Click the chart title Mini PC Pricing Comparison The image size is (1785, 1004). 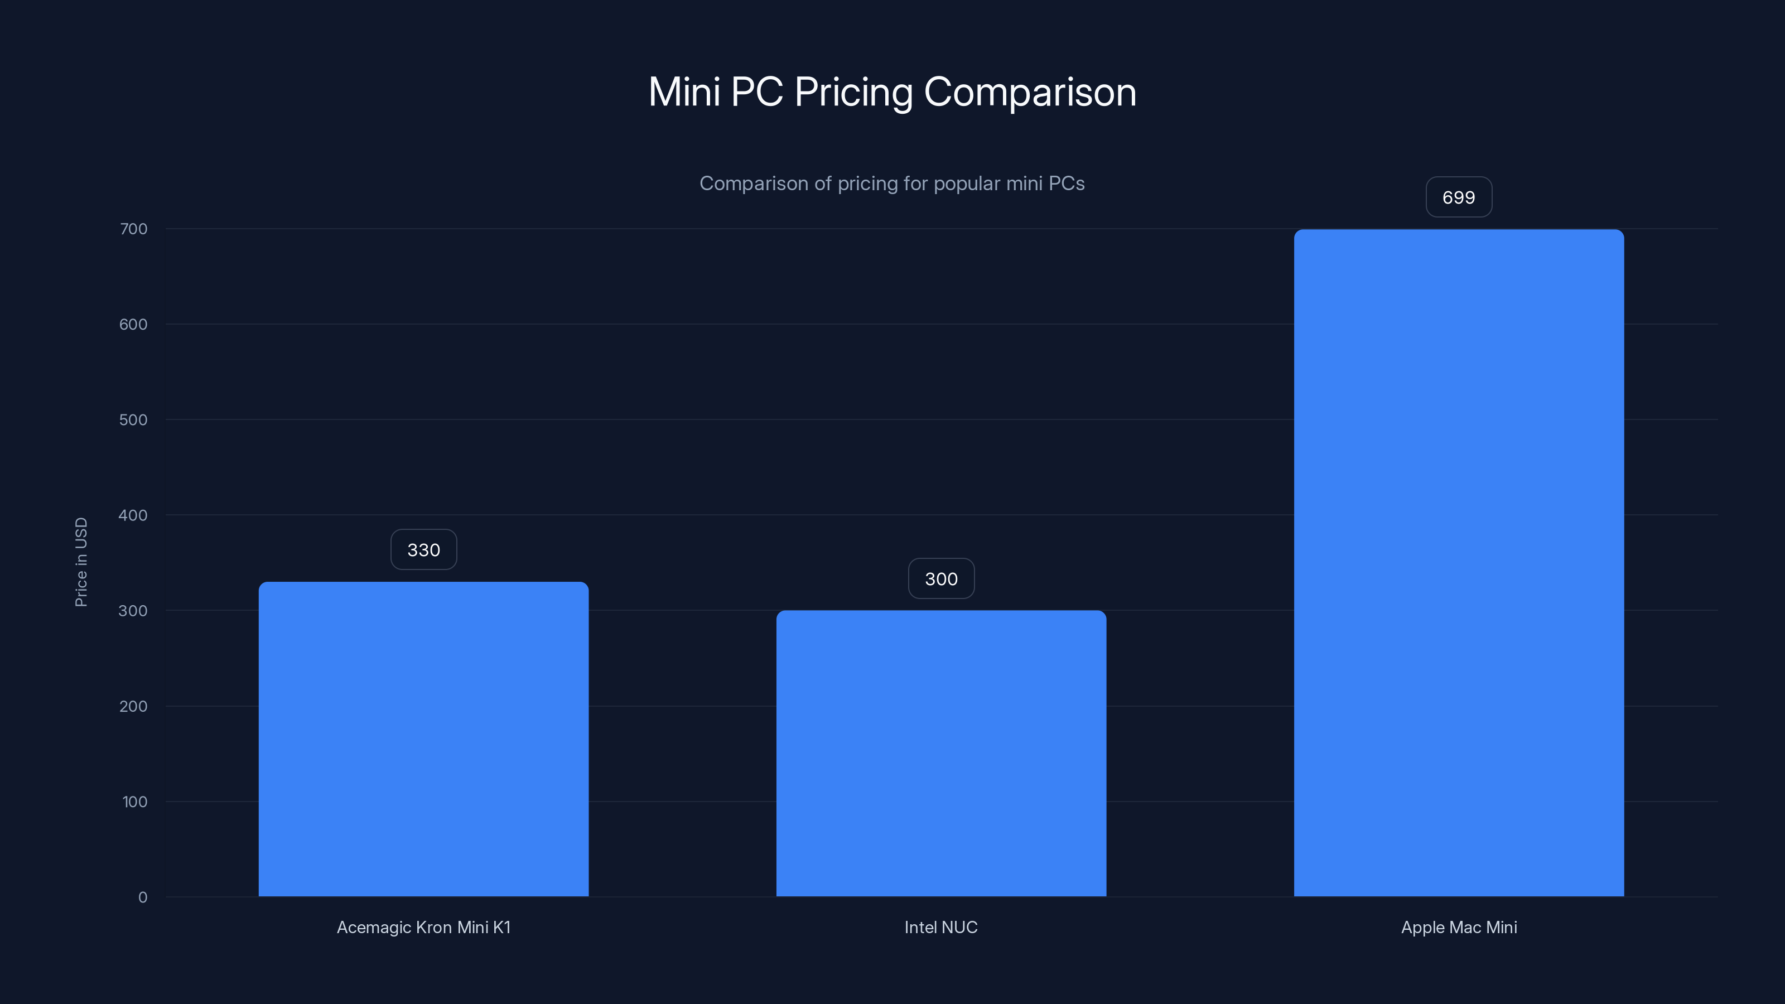[892, 91]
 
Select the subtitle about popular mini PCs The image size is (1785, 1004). [892, 184]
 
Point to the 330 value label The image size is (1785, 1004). [423, 550]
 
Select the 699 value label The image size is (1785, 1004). [1459, 197]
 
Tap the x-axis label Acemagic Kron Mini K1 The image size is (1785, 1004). [423, 927]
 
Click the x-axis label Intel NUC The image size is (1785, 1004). [941, 927]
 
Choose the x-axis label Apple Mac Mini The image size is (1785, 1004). [1459, 927]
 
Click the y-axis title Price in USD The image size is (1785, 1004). [81, 562]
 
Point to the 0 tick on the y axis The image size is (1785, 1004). [143, 897]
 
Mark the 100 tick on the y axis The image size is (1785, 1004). [134, 802]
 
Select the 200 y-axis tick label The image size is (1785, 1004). [133, 706]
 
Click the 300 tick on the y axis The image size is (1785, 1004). [133, 610]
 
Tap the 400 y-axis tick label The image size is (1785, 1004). [133, 515]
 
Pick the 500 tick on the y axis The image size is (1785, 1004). [133, 420]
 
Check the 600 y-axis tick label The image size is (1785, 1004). [133, 324]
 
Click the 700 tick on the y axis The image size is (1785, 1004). [133, 229]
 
